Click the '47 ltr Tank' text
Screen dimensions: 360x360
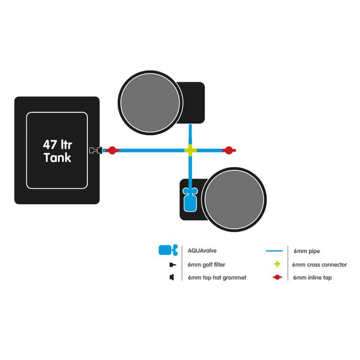(57, 150)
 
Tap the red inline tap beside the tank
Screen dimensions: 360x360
(112, 150)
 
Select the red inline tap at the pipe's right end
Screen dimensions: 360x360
(229, 150)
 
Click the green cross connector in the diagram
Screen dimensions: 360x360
(191, 150)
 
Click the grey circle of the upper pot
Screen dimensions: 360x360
(149, 102)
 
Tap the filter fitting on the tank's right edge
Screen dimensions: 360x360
(95, 150)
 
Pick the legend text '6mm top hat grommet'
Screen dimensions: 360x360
(217, 278)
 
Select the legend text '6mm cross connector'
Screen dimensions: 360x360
(319, 264)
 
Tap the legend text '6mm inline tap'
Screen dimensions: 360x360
(312, 278)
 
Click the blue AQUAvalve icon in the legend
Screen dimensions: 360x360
(168, 250)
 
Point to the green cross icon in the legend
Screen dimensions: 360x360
(276, 264)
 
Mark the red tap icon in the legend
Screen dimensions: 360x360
(276, 278)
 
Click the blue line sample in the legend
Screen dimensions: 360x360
(276, 251)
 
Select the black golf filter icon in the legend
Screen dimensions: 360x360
(171, 264)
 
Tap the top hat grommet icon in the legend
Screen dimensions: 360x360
(171, 278)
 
